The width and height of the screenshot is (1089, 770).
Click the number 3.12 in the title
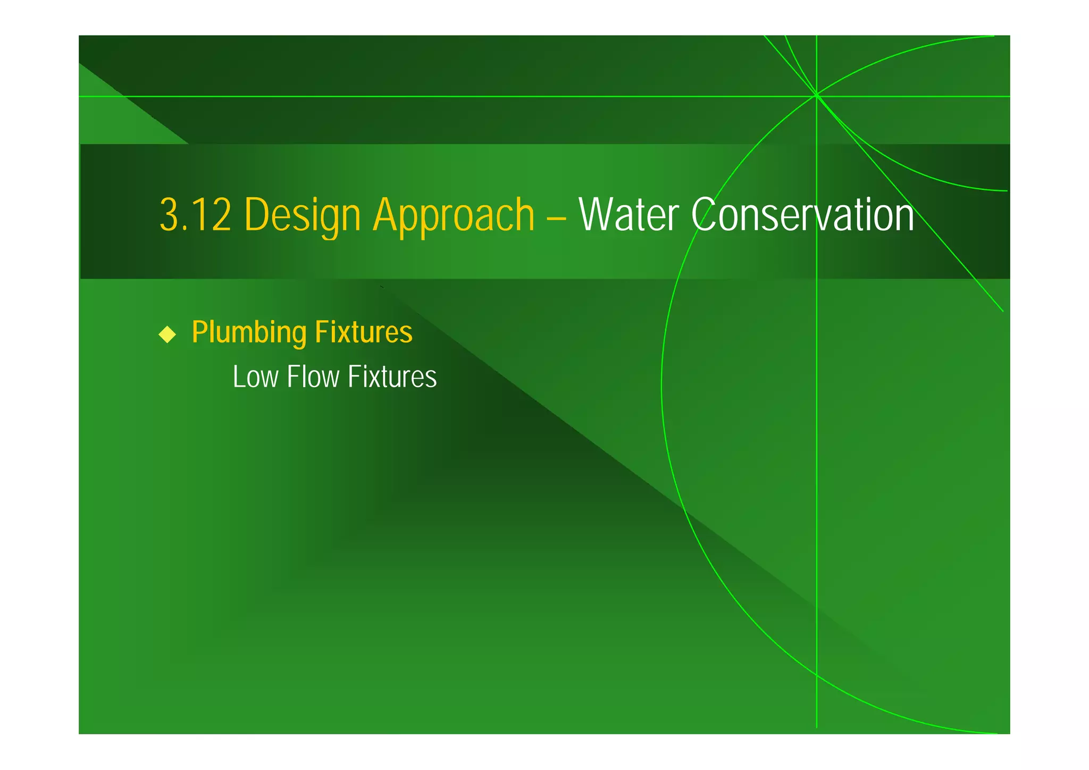(195, 215)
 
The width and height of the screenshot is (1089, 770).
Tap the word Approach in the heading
(454, 215)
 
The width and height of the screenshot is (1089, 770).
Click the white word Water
(629, 215)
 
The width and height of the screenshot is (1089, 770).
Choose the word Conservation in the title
(802, 215)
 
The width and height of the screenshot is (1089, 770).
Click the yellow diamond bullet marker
(167, 334)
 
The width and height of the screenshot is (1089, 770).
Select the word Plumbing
(249, 332)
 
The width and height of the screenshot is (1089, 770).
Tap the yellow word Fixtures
(364, 332)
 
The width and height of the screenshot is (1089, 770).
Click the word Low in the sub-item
(255, 377)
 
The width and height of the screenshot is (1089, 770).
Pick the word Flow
(313, 377)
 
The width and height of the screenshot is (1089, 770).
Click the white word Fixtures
(392, 377)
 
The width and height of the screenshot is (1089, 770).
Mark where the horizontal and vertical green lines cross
(816, 96)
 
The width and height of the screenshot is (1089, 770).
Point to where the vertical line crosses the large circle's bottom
(816, 675)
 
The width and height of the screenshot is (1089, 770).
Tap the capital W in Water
(594, 215)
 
